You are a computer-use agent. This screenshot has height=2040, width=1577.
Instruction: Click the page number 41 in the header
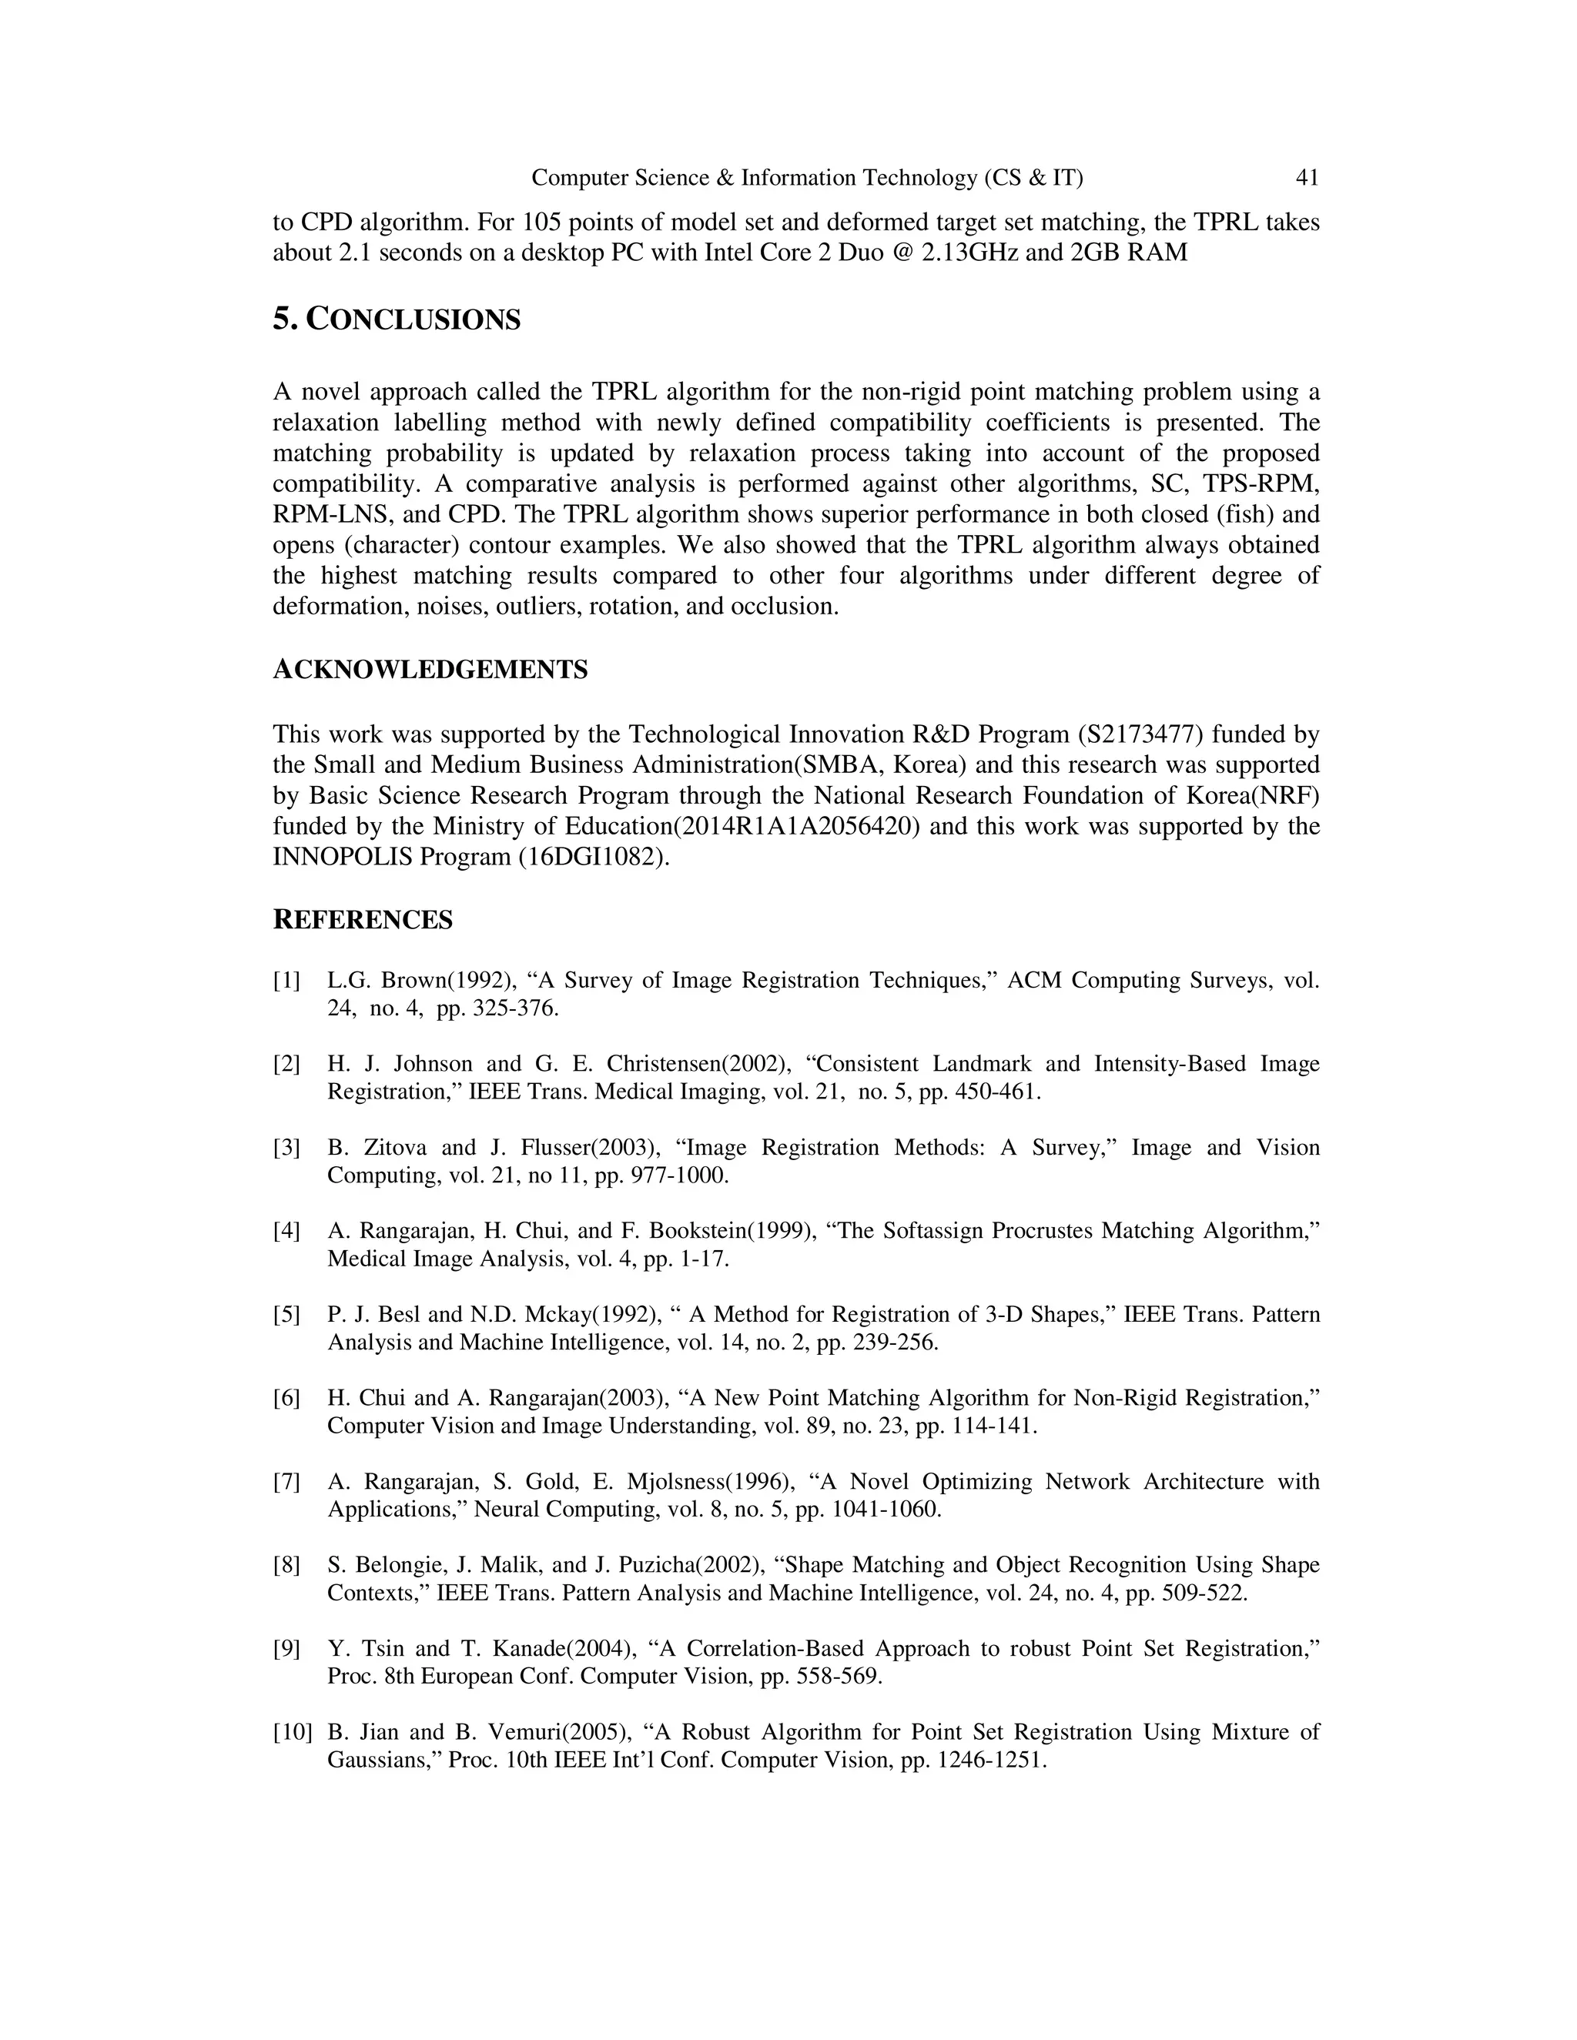[1307, 178]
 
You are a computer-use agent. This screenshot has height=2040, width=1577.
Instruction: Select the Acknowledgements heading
[430, 669]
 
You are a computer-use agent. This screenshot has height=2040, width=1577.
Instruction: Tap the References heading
[363, 920]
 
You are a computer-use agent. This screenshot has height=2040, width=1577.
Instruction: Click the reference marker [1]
[286, 981]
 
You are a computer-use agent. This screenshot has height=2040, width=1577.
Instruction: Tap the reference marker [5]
[286, 1315]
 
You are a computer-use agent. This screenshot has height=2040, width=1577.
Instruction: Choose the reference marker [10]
[292, 1733]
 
